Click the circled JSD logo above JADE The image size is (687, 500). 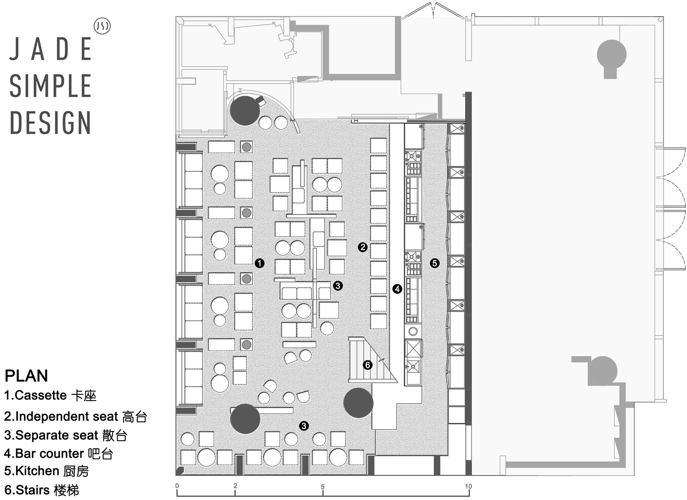click(x=102, y=26)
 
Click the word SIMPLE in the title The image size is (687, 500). click(x=50, y=86)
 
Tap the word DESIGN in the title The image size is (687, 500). click(x=50, y=123)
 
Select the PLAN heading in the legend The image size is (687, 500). click(x=26, y=376)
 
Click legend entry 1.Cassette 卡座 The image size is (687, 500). click(x=50, y=395)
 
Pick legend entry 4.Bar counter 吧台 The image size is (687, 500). click(x=58, y=453)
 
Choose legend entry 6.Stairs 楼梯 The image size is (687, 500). click(x=42, y=490)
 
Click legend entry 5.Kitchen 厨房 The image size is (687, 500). click(x=46, y=471)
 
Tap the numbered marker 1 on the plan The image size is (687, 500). click(x=259, y=263)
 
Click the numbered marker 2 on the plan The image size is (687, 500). click(x=362, y=247)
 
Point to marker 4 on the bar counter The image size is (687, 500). click(x=397, y=288)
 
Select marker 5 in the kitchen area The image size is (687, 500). click(x=434, y=263)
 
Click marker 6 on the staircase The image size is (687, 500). click(x=367, y=365)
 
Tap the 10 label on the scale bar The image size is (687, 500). click(x=468, y=486)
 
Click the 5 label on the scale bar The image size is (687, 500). click(x=322, y=486)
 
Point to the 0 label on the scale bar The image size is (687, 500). click(x=177, y=486)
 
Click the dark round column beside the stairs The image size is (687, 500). click(x=358, y=403)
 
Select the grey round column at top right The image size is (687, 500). click(x=611, y=55)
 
